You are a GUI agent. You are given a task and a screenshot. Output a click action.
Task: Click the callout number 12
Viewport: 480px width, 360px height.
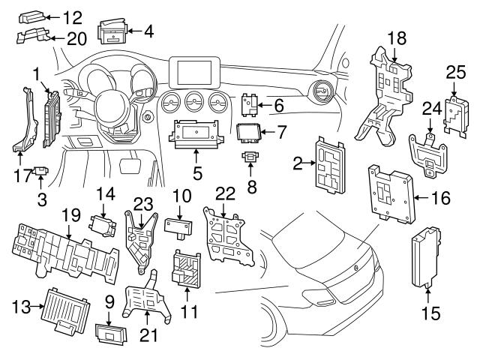click(x=73, y=16)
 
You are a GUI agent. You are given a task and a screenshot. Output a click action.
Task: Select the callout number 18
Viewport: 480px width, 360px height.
click(x=396, y=37)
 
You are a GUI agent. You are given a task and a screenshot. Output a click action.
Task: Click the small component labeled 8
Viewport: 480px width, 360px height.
click(x=249, y=157)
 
